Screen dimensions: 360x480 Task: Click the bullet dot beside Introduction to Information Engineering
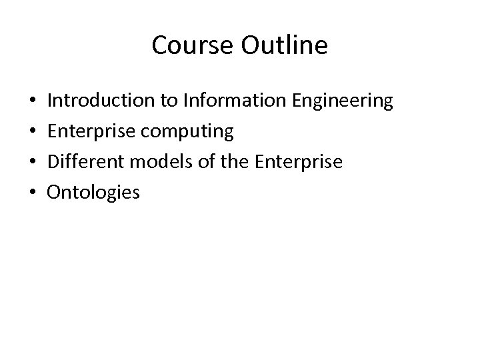coord(33,102)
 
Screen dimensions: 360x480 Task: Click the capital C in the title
coord(160,45)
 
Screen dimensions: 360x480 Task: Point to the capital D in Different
coord(55,163)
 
